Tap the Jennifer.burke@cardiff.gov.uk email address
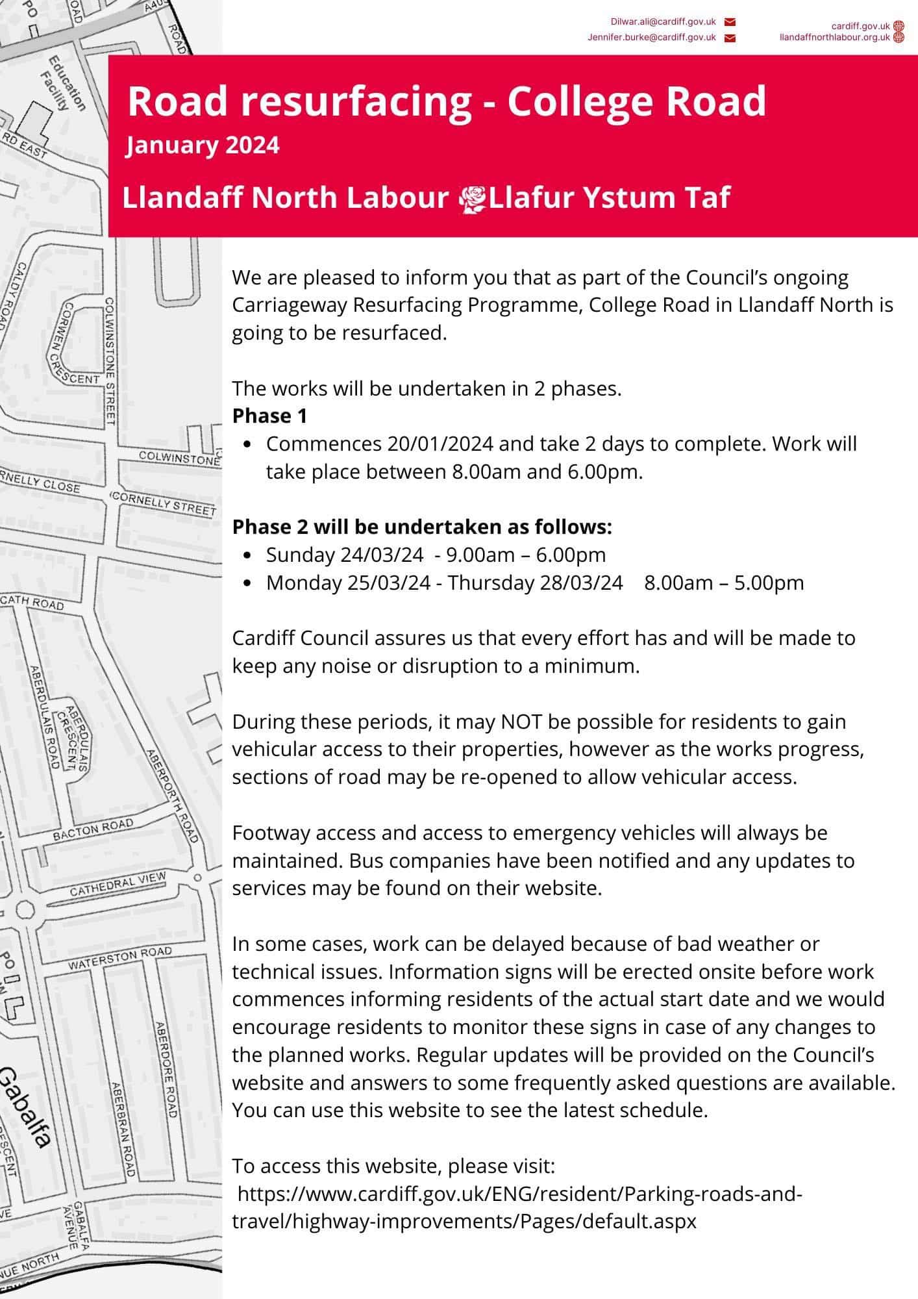(651, 38)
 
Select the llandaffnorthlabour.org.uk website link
(834, 38)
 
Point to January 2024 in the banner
(203, 144)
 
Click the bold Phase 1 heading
(269, 416)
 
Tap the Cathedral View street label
(118, 885)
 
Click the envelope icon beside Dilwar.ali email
(729, 23)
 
